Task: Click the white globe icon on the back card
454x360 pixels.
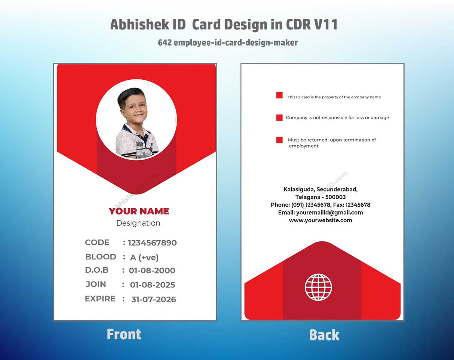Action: [318, 287]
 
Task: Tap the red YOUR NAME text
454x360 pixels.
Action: [139, 211]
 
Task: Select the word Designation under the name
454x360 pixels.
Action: [138, 223]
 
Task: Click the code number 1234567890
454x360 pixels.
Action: [152, 243]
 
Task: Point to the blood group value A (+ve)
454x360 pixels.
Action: [144, 257]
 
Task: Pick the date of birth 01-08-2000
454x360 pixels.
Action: [152, 271]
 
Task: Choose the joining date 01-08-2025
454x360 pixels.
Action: [153, 285]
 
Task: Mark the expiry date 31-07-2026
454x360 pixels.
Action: [153, 299]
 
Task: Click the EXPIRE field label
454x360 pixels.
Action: [100, 299]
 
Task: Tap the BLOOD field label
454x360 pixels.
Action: [101, 257]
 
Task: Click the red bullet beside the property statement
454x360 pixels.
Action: [279, 95]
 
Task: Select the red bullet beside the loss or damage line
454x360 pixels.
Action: [279, 118]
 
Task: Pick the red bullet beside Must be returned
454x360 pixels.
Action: [279, 140]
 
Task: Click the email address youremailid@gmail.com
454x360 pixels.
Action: [329, 213]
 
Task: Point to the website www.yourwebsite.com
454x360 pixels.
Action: [320, 220]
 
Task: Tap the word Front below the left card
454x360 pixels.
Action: [124, 334]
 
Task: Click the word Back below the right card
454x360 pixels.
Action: [324, 335]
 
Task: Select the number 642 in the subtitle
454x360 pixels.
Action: [165, 43]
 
